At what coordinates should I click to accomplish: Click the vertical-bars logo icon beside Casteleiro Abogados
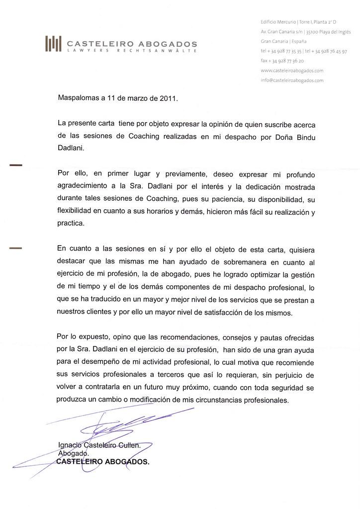point(53,44)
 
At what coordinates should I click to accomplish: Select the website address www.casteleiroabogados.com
point(292,71)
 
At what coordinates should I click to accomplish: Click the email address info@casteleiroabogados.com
point(292,80)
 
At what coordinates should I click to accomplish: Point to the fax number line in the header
point(282,61)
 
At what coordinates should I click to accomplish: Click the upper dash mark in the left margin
point(16,166)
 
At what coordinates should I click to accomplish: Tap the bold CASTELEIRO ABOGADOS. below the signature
point(103,462)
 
